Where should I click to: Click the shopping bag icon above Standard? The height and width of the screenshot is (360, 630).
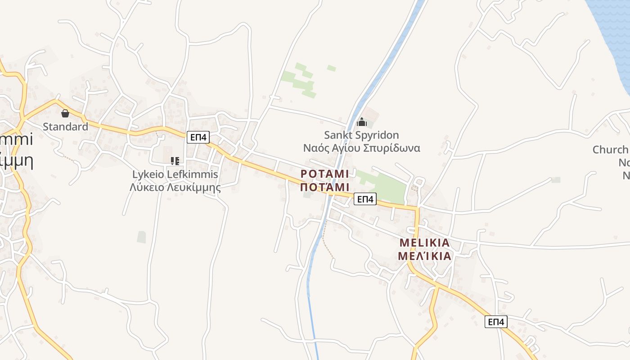[65, 113]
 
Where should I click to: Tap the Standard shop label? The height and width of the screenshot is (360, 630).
[65, 126]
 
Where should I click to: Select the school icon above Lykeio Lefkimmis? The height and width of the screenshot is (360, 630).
[175, 161]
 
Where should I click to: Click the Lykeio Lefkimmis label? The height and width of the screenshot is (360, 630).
[175, 174]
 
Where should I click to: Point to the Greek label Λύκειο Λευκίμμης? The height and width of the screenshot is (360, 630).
[175, 187]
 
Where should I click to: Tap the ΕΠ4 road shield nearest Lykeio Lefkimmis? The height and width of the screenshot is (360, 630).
[198, 137]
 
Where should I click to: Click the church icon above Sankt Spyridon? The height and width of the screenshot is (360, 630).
[362, 122]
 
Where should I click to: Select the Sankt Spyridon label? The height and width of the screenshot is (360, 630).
[361, 135]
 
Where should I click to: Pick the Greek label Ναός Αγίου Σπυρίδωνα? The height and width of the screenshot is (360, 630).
[361, 148]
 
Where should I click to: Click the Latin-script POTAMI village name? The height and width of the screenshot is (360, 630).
[324, 174]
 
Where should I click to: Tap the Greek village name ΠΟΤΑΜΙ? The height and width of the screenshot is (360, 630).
[324, 187]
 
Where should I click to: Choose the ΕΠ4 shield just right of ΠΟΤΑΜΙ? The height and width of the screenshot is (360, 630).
[364, 199]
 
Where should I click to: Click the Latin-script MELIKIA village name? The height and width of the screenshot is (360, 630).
[424, 243]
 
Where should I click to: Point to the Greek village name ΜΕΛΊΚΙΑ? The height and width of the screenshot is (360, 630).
[424, 256]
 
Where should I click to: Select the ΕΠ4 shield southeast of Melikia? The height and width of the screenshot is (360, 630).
[496, 322]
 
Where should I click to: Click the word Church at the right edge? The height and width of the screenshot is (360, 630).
[610, 149]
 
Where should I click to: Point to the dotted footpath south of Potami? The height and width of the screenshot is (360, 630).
[327, 241]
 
